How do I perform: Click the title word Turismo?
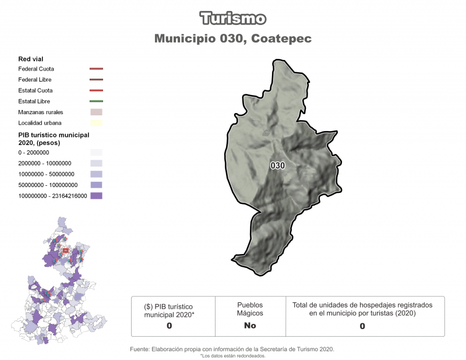point(233,18)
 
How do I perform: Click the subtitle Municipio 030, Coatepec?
point(233,38)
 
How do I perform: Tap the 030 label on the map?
point(278,165)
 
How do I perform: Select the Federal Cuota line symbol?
point(96,69)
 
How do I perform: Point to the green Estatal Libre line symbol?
point(96,101)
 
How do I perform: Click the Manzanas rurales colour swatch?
point(96,112)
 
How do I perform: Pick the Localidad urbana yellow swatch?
point(96,123)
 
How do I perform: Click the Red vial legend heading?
point(31,58)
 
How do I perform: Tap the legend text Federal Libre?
point(36,80)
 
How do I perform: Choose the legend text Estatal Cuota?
point(36,90)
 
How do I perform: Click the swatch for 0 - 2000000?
point(96,152)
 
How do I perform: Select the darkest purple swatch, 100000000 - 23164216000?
point(96,196)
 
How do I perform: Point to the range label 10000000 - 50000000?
point(46,174)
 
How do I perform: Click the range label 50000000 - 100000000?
point(48,185)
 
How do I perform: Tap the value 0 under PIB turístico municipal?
point(169,326)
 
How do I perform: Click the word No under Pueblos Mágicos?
point(250,326)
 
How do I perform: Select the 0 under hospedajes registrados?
point(362,326)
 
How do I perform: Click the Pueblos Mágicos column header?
point(250,309)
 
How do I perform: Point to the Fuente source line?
point(232,349)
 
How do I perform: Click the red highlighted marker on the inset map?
point(66,250)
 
